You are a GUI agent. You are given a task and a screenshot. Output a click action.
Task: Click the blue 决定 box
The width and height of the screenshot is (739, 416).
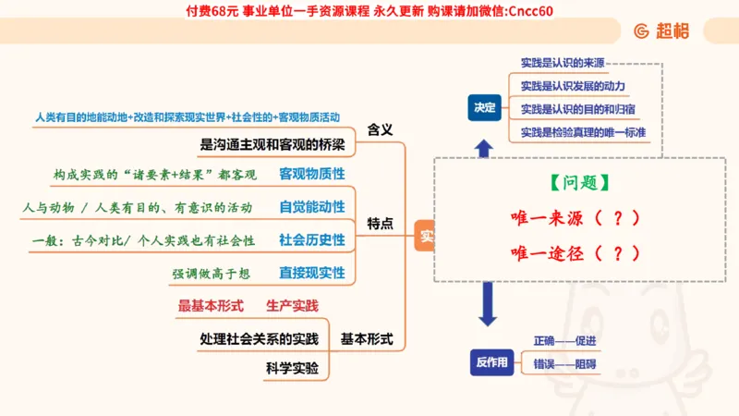(485, 107)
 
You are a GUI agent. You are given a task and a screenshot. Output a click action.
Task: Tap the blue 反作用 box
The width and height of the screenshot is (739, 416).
(491, 361)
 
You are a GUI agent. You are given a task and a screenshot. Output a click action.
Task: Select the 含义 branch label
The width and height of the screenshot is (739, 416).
(381, 129)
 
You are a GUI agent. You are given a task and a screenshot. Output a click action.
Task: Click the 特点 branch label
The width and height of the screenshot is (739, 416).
(381, 223)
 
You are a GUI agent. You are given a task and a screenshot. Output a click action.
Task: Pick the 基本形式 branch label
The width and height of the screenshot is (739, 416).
(367, 339)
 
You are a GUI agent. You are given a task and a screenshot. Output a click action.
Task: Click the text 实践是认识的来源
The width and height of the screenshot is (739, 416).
(563, 63)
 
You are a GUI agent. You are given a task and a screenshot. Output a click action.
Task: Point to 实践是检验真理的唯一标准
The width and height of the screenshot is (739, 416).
(583, 132)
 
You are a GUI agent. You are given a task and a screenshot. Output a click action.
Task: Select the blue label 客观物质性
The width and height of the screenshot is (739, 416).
(312, 174)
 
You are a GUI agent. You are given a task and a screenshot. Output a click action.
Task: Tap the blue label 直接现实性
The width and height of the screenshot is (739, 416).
(312, 273)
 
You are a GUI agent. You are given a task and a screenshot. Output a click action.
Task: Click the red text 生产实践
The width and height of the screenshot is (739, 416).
(292, 305)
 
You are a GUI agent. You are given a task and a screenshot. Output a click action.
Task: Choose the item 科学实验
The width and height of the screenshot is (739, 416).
(292, 368)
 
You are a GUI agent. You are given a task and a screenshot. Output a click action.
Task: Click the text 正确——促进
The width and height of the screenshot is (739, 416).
(564, 341)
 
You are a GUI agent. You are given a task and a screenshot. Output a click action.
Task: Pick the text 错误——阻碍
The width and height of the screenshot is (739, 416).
(564, 365)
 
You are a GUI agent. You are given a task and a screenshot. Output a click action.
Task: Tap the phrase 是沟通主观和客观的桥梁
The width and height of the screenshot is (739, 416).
(273, 144)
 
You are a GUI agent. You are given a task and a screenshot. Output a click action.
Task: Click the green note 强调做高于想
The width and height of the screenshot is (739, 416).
(211, 274)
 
